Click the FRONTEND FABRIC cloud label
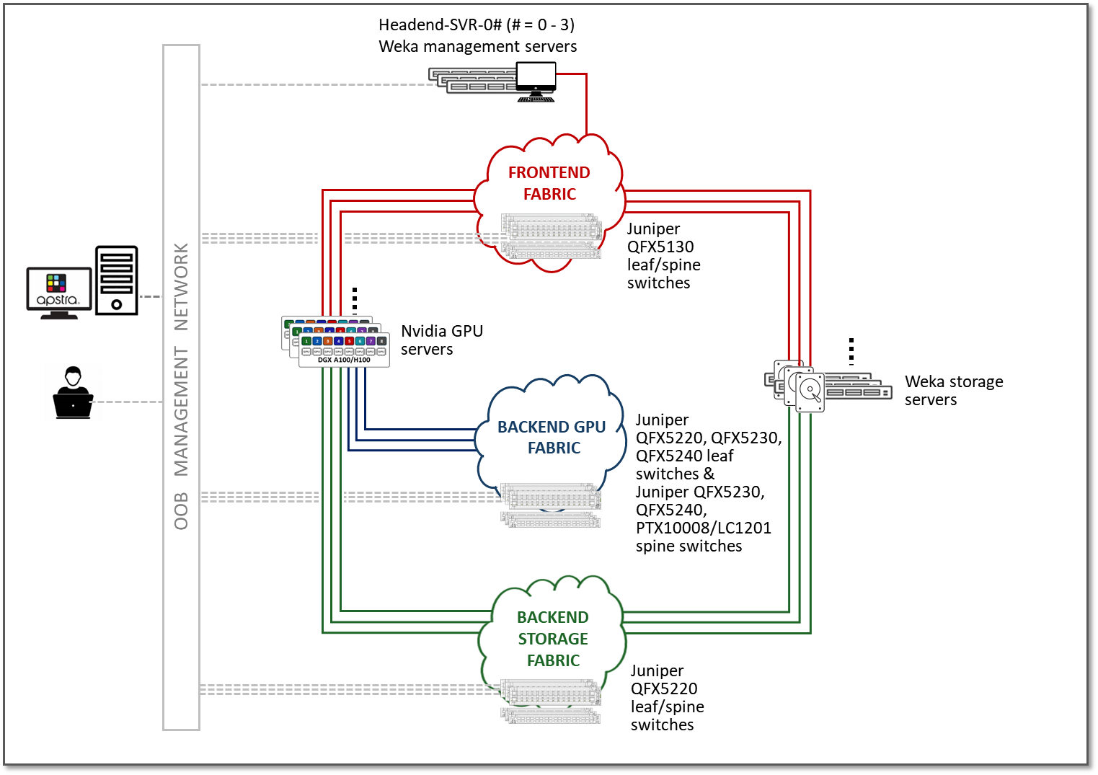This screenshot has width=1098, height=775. pos(549,183)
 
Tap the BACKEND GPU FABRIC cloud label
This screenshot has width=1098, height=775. pos(552,437)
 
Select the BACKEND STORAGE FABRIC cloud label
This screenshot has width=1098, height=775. pos(553,639)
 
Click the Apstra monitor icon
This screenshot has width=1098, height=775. pos(58,292)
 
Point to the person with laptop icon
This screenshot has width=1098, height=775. pos(73,393)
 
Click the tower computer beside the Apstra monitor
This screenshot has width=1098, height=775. pos(117,280)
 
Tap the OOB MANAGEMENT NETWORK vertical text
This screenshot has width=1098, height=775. pos(181,386)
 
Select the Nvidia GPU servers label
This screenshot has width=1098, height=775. pos(441,340)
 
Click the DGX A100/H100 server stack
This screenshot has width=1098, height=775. pos(336,342)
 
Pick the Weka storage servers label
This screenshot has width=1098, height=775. pos(953,390)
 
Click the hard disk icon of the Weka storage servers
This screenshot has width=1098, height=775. pos(810,391)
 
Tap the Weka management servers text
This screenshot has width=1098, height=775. pos(477,47)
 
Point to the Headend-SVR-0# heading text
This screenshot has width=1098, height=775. pos(477,25)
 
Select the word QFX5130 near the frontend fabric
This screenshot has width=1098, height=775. pos(660,247)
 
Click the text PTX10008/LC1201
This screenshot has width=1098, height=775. pos(703,528)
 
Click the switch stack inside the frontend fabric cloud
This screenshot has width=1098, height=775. pos(552,236)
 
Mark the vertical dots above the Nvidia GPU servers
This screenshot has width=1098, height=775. pos(355,301)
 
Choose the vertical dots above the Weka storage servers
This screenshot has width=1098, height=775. pos(851,351)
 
